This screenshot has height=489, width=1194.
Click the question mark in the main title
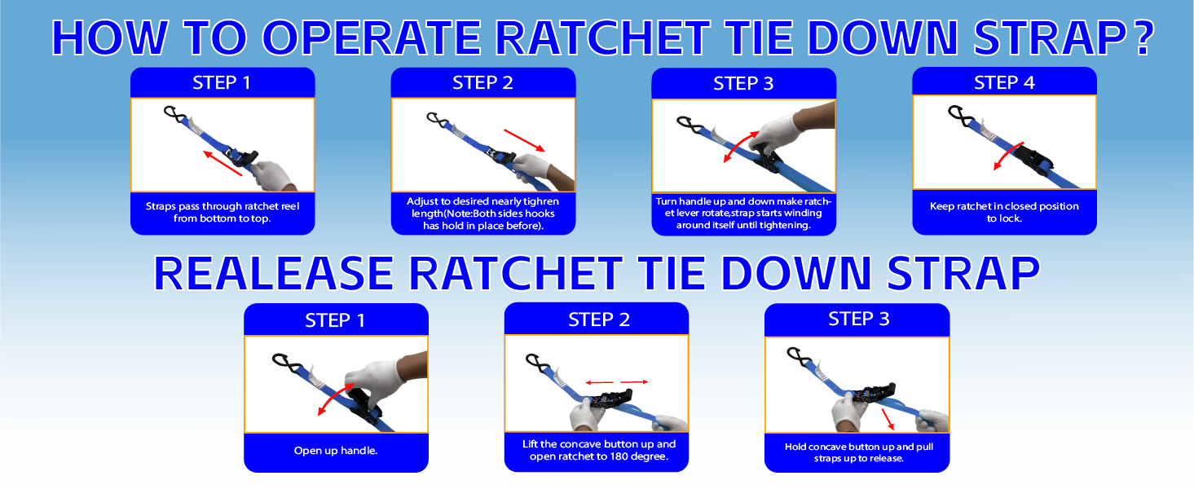click(x=1142, y=38)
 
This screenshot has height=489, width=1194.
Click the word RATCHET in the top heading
click(x=603, y=37)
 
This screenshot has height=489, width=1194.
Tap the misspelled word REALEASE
click(x=274, y=274)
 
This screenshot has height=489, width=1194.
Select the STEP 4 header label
click(x=1004, y=82)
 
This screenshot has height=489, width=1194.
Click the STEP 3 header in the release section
click(x=859, y=319)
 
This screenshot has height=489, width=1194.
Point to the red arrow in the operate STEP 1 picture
click(x=222, y=163)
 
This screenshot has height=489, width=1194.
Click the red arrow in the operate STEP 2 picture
click(x=524, y=140)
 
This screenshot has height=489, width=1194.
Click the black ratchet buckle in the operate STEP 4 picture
click(x=1033, y=157)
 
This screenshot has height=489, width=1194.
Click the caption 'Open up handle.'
click(x=336, y=451)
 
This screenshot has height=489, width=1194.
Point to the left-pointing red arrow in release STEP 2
click(x=600, y=382)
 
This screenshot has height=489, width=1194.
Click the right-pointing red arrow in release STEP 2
click(x=634, y=381)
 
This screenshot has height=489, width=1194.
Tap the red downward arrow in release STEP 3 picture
click(x=888, y=420)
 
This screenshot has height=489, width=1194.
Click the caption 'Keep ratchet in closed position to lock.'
click(x=1004, y=212)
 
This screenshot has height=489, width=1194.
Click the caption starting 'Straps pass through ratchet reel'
click(x=222, y=212)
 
